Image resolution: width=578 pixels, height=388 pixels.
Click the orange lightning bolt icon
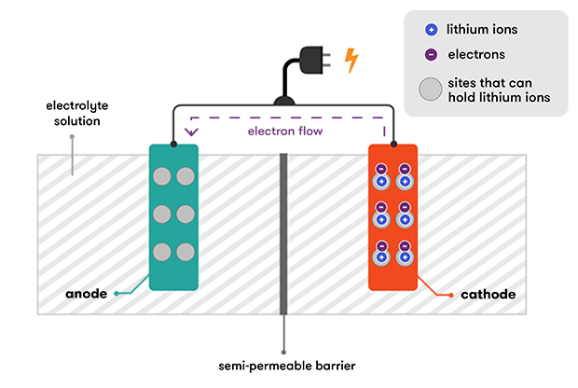(x=351, y=61)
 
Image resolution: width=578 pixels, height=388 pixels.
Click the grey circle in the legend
(x=430, y=90)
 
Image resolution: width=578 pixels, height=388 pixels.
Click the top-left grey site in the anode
(x=163, y=175)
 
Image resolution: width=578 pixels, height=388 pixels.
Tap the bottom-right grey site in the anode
(x=185, y=251)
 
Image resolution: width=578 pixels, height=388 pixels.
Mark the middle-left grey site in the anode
(x=163, y=213)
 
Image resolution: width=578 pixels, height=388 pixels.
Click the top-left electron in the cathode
(x=380, y=169)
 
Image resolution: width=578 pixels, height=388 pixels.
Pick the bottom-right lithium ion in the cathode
(x=406, y=257)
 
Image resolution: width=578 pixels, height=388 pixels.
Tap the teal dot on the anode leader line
(x=117, y=294)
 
